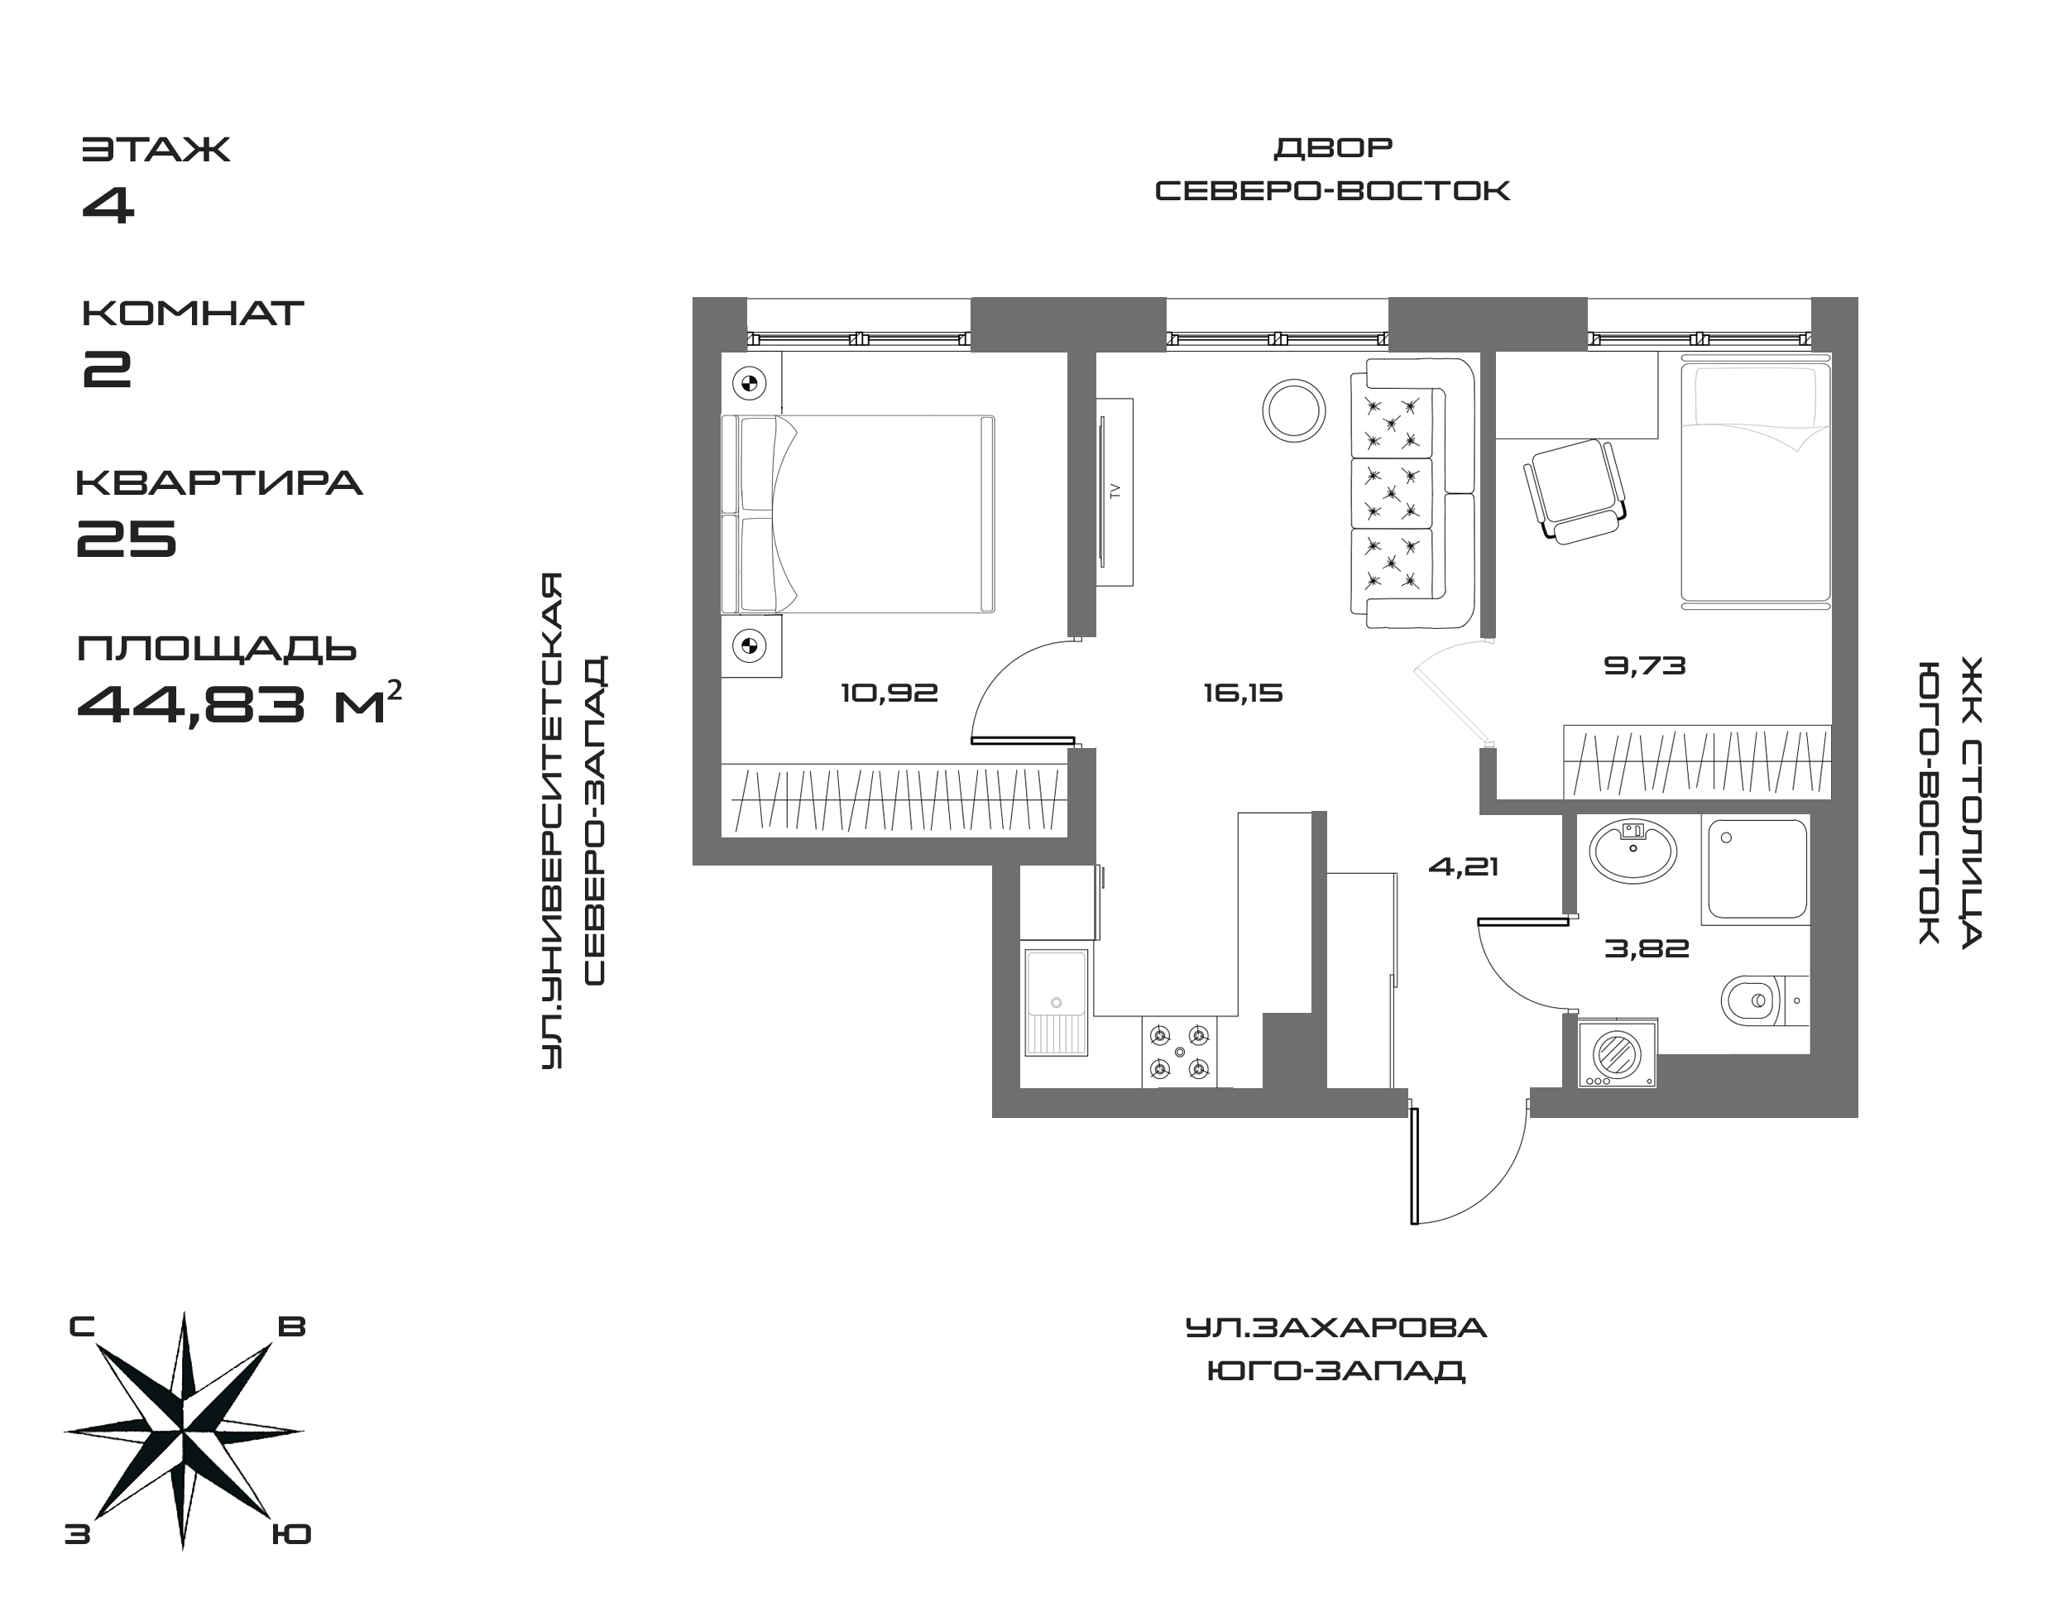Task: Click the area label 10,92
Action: (x=889, y=693)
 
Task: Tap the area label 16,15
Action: (x=1243, y=693)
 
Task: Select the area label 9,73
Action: (x=1645, y=666)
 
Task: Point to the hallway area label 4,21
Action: (x=1463, y=866)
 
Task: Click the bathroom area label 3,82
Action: (x=1647, y=948)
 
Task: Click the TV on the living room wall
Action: (x=1115, y=492)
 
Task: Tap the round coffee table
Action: (x=1294, y=410)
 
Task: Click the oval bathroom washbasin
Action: (x=1632, y=851)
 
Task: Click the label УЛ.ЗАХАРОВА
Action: (x=1335, y=1328)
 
